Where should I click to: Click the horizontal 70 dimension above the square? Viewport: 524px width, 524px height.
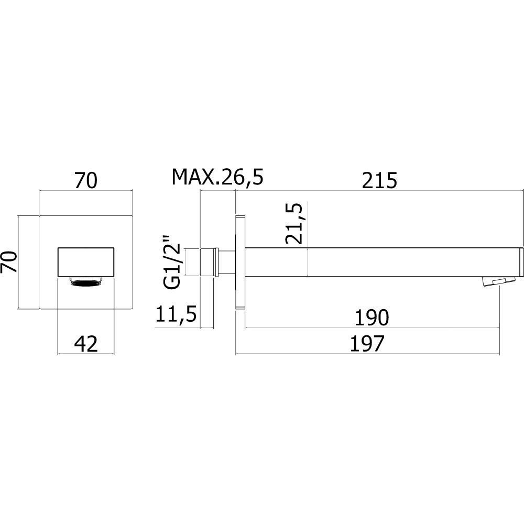pos(85,180)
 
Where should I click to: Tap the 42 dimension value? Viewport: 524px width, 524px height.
pos(86,344)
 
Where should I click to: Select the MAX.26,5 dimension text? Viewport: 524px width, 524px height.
pos(217,178)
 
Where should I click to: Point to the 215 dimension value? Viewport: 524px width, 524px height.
pos(379,180)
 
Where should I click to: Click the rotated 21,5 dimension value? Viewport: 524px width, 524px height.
pos(294,223)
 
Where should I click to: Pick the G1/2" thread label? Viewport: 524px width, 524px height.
pos(172,262)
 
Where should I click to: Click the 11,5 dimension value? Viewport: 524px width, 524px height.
pos(176,314)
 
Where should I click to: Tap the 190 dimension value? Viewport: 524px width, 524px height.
pos(372,318)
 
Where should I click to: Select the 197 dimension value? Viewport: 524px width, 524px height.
pos(367,344)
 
